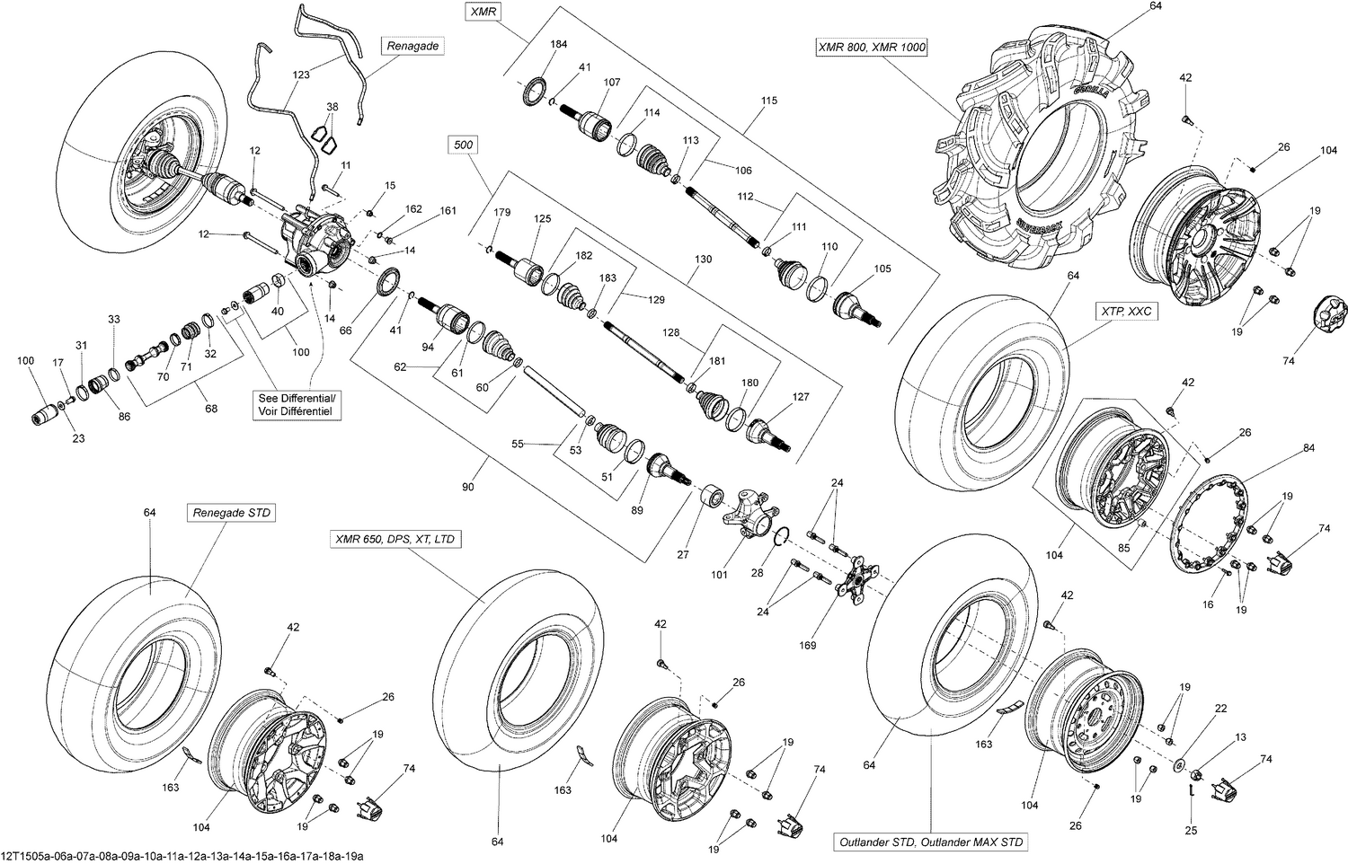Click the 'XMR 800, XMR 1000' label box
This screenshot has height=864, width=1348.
(871, 48)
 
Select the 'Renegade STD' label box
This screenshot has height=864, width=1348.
(231, 513)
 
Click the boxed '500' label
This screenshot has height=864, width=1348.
(465, 145)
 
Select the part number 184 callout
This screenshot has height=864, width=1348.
(558, 44)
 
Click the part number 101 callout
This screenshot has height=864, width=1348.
(719, 574)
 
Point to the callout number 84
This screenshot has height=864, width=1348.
(1308, 447)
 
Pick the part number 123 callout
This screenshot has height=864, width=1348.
(302, 75)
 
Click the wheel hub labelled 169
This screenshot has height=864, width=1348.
(853, 577)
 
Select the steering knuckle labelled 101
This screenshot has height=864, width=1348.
(751, 512)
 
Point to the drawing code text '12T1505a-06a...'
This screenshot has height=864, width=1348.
(182, 856)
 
